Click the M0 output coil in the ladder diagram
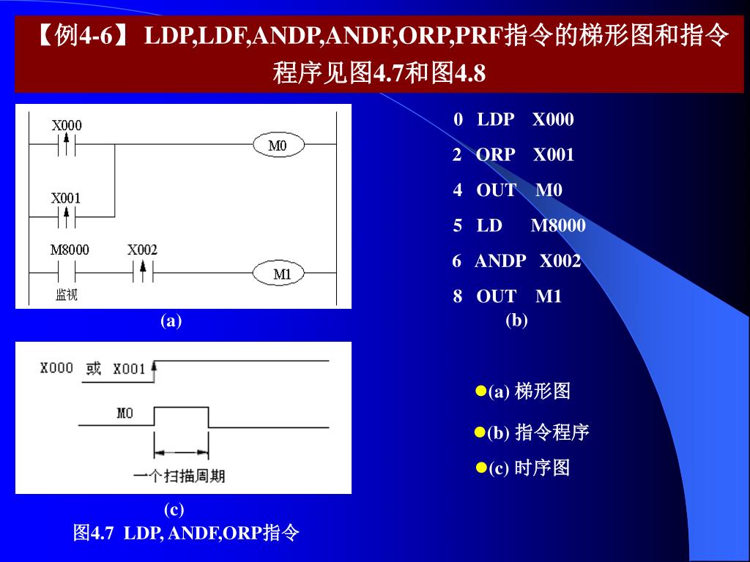pyautogui.click(x=278, y=146)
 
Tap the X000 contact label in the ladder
pyautogui.click(x=67, y=125)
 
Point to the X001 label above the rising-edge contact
pyautogui.click(x=66, y=198)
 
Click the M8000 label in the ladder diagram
pyautogui.click(x=70, y=250)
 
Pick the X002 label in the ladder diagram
pyautogui.click(x=142, y=250)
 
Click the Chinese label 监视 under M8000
pyautogui.click(x=67, y=294)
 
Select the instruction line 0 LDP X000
pyautogui.click(x=513, y=119)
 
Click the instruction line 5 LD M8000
pyautogui.click(x=519, y=225)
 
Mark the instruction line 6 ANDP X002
pyautogui.click(x=516, y=261)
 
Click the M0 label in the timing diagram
pyautogui.click(x=125, y=413)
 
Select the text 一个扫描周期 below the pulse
pyautogui.click(x=179, y=476)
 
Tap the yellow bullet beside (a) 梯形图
pyautogui.click(x=481, y=390)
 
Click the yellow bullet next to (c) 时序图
pyautogui.click(x=481, y=467)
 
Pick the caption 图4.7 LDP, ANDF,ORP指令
pyautogui.click(x=186, y=533)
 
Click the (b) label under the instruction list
pyautogui.click(x=516, y=320)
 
